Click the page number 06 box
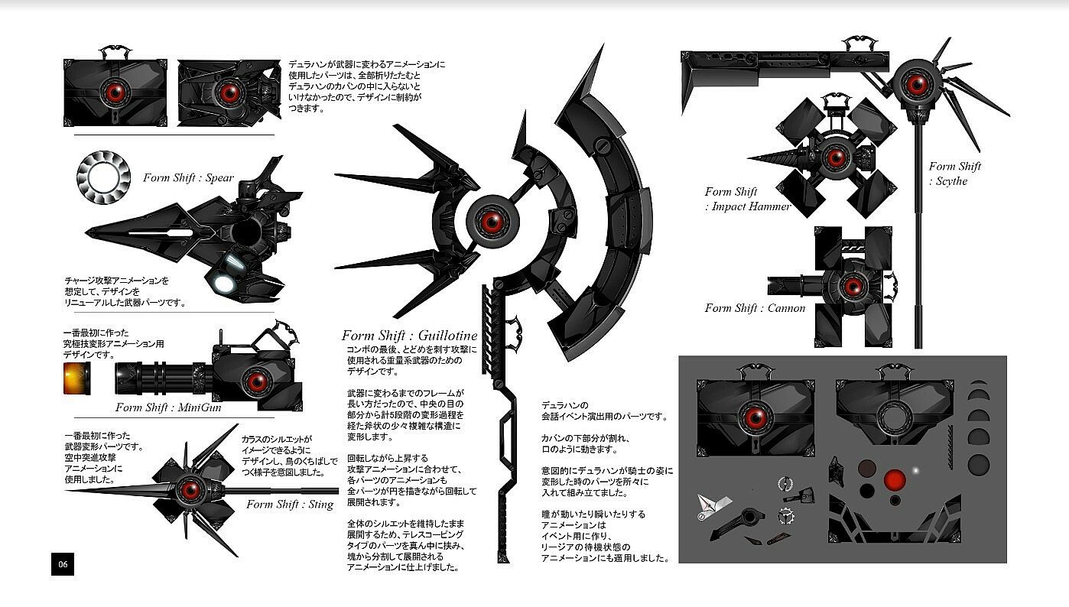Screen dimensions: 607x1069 click(63, 564)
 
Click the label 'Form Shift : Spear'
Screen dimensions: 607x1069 click(188, 178)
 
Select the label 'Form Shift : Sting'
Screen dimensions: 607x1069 click(290, 504)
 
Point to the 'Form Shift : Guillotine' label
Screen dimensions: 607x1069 click(409, 336)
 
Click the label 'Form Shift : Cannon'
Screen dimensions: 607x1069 click(755, 308)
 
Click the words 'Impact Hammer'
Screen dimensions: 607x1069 click(751, 206)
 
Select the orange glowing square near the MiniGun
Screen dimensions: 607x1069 click(77, 378)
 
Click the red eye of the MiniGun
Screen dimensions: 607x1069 click(254, 380)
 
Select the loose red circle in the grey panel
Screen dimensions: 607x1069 click(895, 481)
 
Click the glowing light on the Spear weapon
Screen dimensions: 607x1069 click(223, 284)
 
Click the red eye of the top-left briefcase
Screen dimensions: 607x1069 click(116, 93)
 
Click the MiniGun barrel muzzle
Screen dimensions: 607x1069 click(121, 378)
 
